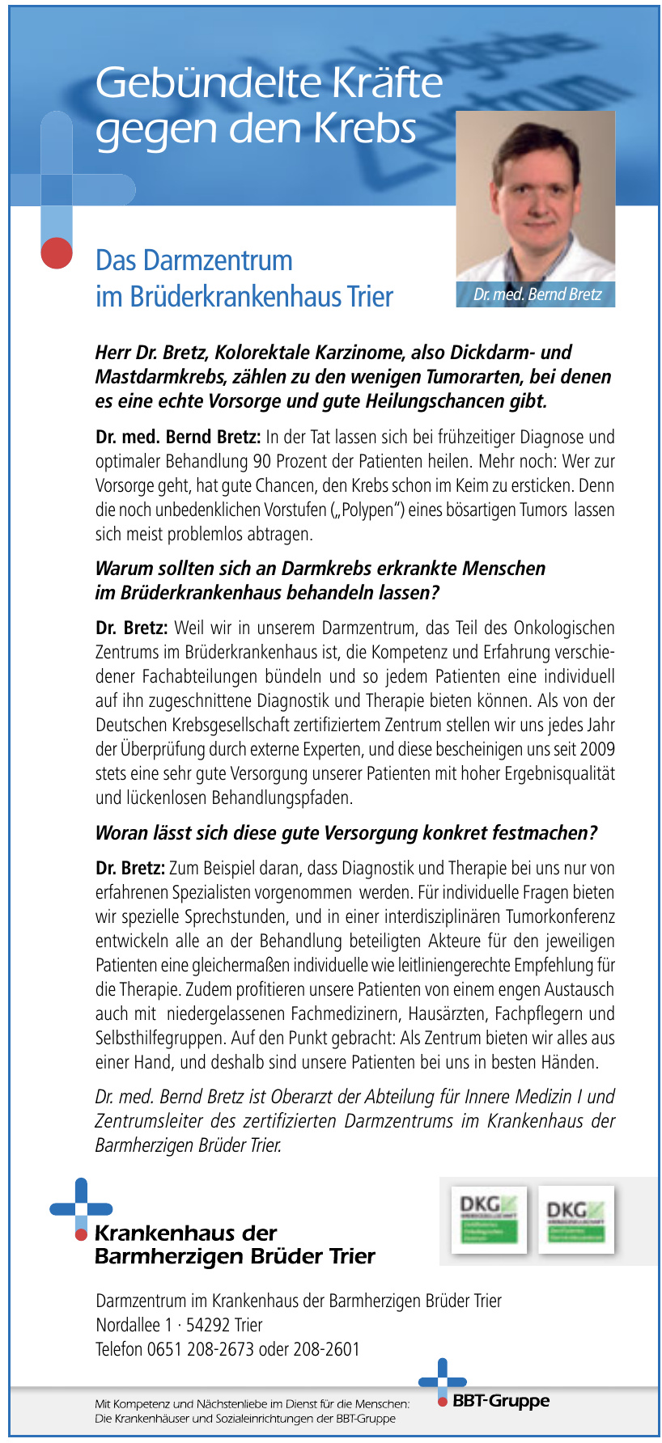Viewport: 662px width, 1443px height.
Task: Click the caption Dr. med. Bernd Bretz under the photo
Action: tap(537, 294)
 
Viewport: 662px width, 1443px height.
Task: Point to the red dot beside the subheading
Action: tap(56, 252)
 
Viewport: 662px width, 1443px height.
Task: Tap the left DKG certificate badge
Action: tap(488, 1219)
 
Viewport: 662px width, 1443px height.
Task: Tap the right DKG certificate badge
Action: tap(575, 1219)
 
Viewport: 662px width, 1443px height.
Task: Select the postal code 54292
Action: tap(208, 1325)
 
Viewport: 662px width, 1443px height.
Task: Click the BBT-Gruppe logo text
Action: tap(501, 1400)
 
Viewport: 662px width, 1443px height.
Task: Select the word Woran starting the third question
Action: tap(119, 833)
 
